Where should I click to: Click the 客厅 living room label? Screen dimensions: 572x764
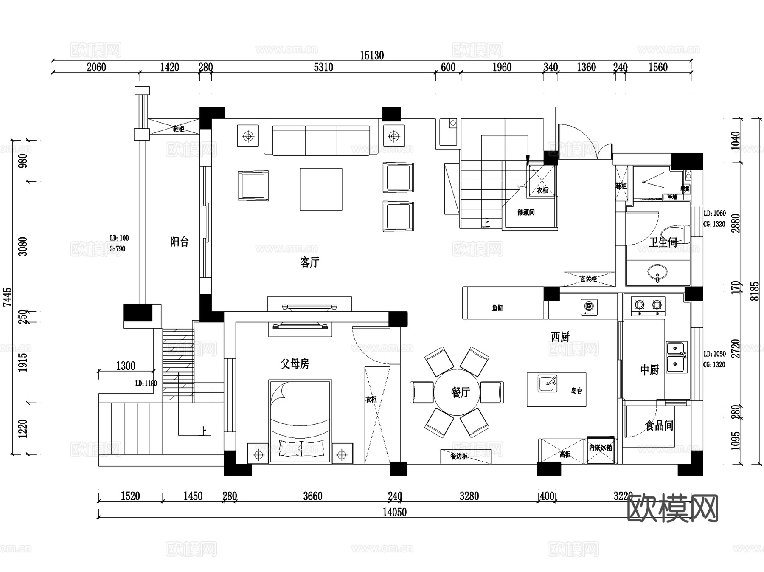coord(309,262)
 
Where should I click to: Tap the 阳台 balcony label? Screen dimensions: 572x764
coord(179,242)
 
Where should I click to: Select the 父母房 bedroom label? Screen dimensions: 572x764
coord(295,363)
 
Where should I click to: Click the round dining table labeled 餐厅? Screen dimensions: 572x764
coord(457,392)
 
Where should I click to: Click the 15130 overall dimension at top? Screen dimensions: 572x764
coord(372,56)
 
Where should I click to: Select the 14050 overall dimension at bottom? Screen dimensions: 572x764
coord(394,512)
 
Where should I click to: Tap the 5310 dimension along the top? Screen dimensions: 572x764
coord(323,68)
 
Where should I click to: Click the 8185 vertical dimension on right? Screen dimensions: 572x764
coord(754,291)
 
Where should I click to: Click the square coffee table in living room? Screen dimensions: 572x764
coord(321,189)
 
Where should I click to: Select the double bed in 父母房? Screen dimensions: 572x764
coord(300,420)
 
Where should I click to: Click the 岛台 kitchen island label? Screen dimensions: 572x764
coord(576,391)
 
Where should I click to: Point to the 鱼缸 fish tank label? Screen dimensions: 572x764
coord(497,308)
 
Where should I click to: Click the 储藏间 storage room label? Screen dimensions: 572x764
coord(526,212)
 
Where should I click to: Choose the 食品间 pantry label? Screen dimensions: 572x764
coord(659,425)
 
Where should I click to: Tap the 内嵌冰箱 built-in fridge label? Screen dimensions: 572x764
coord(600,448)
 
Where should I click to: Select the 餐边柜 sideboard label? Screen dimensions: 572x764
coord(459,456)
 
